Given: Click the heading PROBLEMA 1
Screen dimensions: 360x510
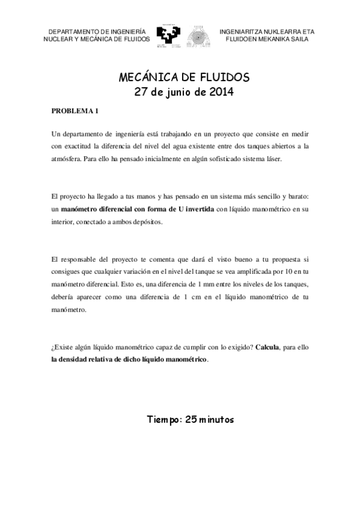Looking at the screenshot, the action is (75, 111).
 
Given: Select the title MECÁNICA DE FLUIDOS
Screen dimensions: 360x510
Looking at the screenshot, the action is (180, 78).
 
